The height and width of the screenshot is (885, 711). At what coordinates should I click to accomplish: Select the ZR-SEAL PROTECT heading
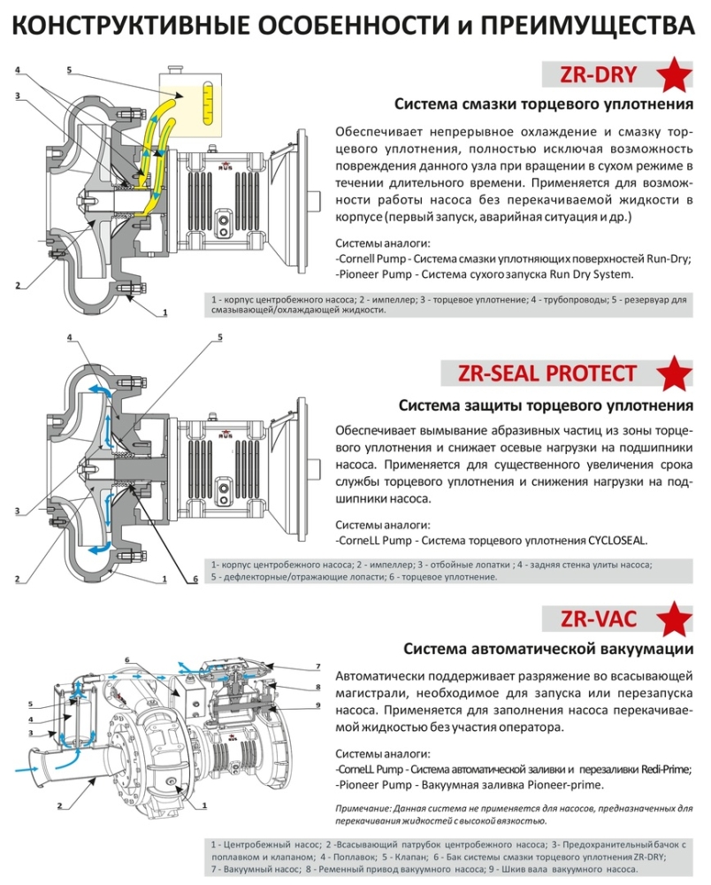[x=547, y=373]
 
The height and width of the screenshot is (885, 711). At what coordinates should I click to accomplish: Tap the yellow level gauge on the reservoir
[x=206, y=100]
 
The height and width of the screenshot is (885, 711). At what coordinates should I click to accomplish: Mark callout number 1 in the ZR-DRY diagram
[x=164, y=312]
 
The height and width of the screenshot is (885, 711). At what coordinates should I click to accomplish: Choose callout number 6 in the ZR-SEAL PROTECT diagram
[x=195, y=580]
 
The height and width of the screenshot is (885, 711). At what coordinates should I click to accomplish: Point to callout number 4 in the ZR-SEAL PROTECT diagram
[x=69, y=337]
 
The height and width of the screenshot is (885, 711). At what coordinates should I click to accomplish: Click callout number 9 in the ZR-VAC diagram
[x=317, y=704]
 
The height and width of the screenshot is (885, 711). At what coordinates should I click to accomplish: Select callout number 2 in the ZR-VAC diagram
[x=59, y=806]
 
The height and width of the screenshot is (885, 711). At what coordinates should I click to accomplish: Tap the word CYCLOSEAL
[x=617, y=540]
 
